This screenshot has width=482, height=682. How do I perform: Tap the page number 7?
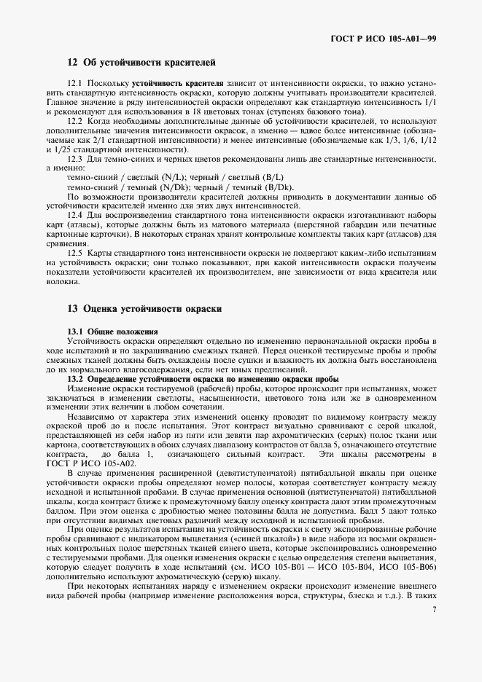434,609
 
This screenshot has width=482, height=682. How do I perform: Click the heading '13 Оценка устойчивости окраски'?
144,309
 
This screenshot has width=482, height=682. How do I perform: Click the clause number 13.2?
76,380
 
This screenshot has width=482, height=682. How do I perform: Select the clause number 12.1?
76,85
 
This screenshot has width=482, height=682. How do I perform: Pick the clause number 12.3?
76,158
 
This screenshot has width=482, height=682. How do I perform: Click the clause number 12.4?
76,214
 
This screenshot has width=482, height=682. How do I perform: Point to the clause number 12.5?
76,251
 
